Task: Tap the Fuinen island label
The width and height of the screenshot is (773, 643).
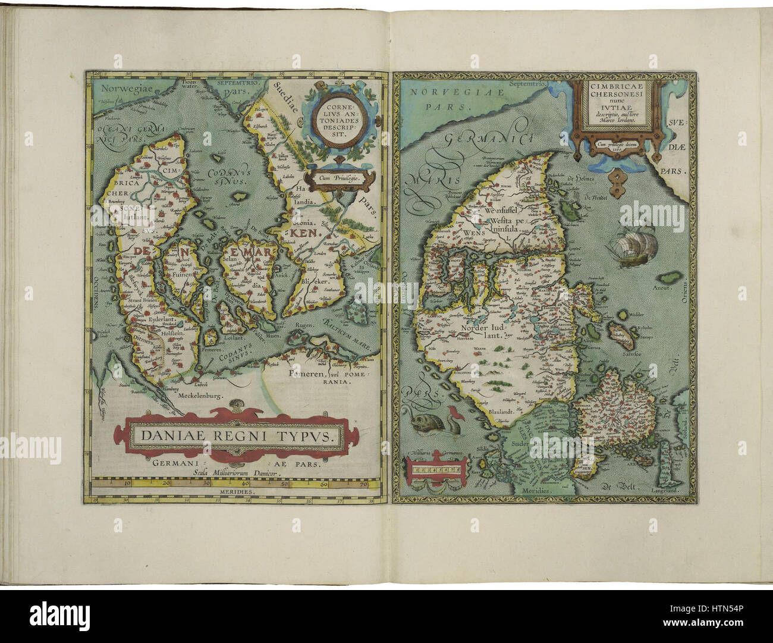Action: pos(178,276)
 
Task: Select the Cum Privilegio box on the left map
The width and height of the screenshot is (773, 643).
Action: pos(337,177)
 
